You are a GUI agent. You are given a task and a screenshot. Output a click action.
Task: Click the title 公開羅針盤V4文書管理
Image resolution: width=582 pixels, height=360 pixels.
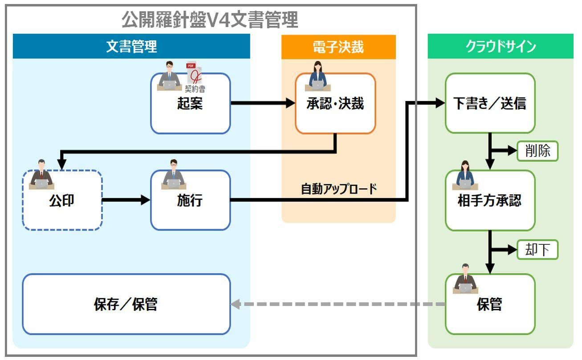[210, 20]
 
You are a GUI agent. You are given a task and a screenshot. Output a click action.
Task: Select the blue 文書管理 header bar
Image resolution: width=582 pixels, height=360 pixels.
[131, 47]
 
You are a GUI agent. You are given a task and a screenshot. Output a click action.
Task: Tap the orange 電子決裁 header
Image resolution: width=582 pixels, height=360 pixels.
[338, 47]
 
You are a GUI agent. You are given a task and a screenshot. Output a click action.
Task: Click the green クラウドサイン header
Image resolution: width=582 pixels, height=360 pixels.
[500, 47]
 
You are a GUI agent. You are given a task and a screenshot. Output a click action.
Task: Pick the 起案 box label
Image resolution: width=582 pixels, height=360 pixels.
[190, 104]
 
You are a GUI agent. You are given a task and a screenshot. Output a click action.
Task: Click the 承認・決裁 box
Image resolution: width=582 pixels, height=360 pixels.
[335, 104]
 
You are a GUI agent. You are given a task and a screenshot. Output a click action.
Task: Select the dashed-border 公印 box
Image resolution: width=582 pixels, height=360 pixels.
[62, 201]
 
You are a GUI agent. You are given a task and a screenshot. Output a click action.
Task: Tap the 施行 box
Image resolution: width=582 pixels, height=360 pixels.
[190, 201]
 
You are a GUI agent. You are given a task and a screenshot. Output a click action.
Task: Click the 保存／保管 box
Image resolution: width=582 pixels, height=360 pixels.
[126, 304]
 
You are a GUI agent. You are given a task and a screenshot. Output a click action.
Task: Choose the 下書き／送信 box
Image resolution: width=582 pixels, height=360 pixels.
[489, 104]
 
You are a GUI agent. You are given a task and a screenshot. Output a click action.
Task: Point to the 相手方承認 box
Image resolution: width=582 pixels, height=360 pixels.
[489, 201]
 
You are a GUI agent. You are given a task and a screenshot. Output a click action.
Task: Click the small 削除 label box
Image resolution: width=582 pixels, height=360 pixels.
[537, 151]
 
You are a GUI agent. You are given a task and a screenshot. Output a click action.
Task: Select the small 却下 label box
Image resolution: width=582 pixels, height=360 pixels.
[537, 250]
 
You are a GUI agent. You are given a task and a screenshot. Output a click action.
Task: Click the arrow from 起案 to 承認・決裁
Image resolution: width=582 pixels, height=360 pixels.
[263, 104]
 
